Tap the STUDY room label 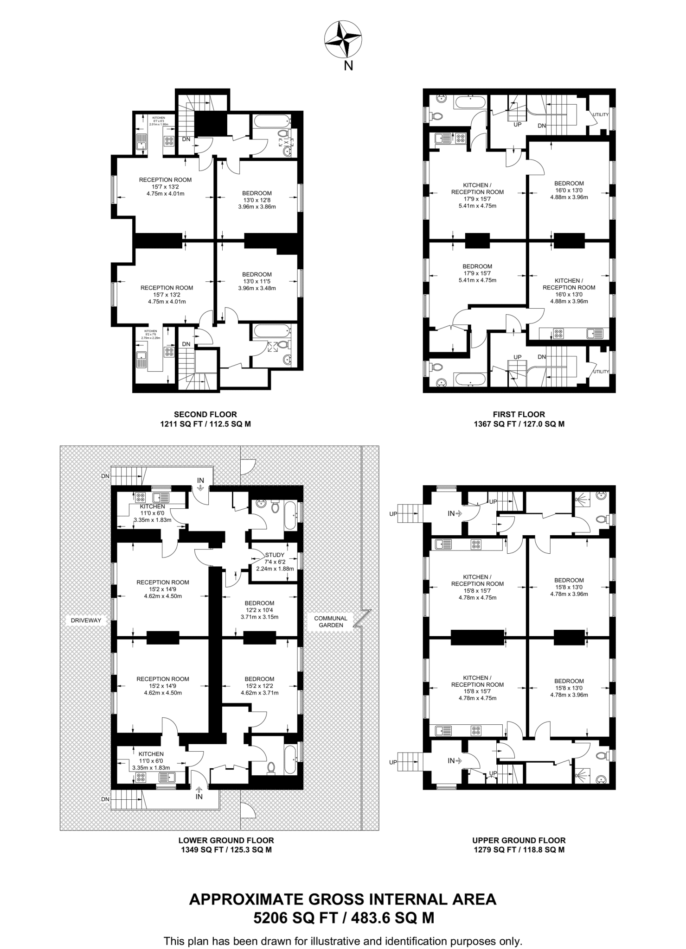pyautogui.click(x=275, y=555)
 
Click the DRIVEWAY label pyautogui.click(x=86, y=620)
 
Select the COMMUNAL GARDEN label pyautogui.click(x=331, y=621)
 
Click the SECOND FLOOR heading pyautogui.click(x=205, y=414)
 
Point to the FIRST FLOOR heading pyautogui.click(x=519, y=414)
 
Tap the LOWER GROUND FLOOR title pyautogui.click(x=226, y=840)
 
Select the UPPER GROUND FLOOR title pyautogui.click(x=519, y=840)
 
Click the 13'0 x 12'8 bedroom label pyautogui.click(x=256, y=200)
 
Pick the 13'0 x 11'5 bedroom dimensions pyautogui.click(x=256, y=281)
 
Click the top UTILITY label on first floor pyautogui.click(x=600, y=114)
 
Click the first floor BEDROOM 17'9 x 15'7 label pyautogui.click(x=477, y=273)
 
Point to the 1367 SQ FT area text pyautogui.click(x=519, y=424)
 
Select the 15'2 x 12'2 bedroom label pyautogui.click(x=259, y=686)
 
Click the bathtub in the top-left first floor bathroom pyautogui.click(x=470, y=102)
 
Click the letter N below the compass pyautogui.click(x=348, y=66)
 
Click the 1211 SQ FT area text pyautogui.click(x=205, y=424)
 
